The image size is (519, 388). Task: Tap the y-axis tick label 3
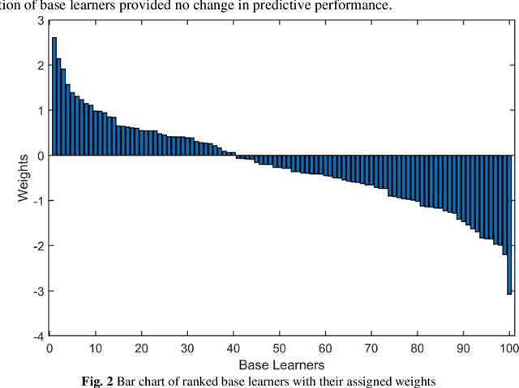(x=40, y=19)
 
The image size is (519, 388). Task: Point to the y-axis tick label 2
(x=40, y=65)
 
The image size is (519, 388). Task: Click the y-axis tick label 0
(x=40, y=155)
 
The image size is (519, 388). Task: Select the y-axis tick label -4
(x=37, y=335)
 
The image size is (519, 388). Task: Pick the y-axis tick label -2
(x=37, y=245)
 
